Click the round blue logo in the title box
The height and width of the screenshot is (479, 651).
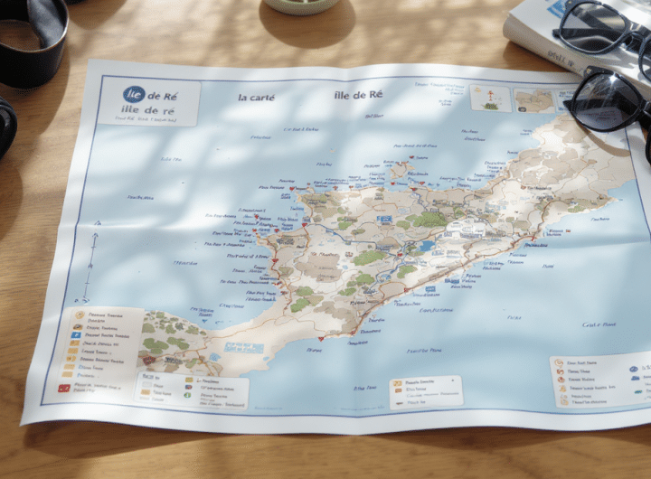click(x=134, y=94)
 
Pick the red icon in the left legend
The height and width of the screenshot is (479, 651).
click(x=64, y=387)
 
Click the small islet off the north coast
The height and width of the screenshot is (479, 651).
click(x=398, y=168)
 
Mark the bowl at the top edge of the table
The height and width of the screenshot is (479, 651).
click(x=301, y=5)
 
